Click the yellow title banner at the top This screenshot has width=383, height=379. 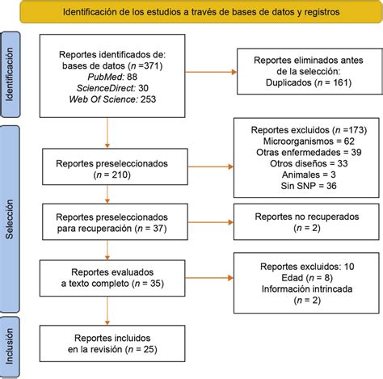(192, 13)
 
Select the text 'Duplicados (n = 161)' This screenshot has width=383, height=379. (303, 82)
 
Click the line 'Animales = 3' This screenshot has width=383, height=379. (303, 174)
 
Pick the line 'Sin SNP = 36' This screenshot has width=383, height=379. (303, 185)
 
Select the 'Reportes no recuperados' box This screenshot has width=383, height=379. (303, 222)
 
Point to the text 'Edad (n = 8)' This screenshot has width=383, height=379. (303, 276)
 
